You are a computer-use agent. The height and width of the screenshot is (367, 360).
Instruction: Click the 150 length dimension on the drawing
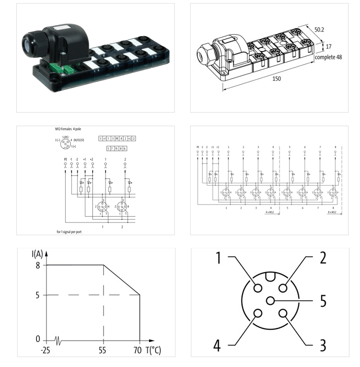264,79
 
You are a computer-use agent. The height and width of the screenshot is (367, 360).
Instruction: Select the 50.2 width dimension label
320,30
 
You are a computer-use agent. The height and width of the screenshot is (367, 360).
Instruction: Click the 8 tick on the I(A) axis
38,265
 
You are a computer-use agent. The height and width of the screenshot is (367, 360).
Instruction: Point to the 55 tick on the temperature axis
103,350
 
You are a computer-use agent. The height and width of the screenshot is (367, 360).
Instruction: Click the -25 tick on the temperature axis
45,350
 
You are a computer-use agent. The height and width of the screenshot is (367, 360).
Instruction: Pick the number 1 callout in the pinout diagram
218,258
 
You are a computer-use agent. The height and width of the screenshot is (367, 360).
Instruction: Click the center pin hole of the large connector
270,301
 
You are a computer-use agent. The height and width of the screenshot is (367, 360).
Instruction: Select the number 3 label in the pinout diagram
322,345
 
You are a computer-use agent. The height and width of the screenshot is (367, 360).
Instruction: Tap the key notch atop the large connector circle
270,276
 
